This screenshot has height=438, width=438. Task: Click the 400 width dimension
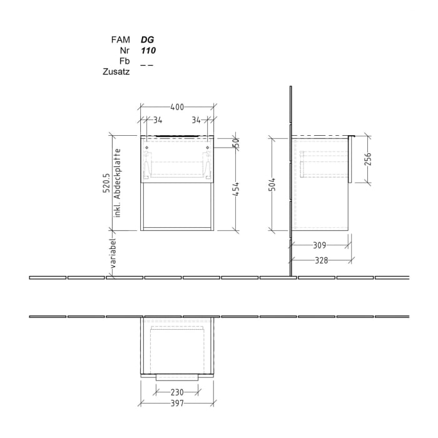point(177,107)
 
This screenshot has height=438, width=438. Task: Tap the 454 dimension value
point(237,188)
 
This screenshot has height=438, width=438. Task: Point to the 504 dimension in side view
point(272,184)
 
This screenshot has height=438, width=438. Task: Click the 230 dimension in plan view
point(177,392)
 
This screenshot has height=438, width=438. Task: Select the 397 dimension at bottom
point(177,404)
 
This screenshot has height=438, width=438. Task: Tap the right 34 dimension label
point(196,120)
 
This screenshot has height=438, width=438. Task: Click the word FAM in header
point(120,39)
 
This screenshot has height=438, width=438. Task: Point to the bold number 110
point(148,50)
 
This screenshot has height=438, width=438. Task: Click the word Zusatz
point(116,72)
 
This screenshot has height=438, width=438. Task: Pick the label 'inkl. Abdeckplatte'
point(117,187)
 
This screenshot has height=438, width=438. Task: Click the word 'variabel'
point(114,253)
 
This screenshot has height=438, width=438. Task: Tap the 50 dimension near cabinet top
point(237,143)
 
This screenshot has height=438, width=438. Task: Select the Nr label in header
point(125,50)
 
